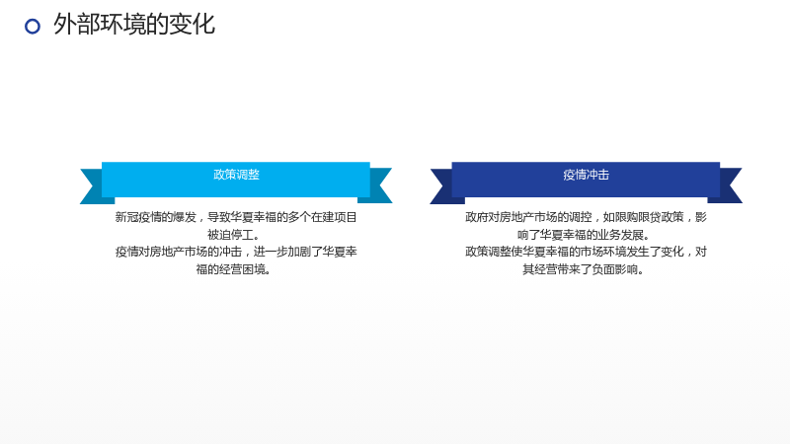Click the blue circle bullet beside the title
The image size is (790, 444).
(x=33, y=27)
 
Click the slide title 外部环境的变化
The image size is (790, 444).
(x=134, y=24)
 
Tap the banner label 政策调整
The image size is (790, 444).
(x=236, y=175)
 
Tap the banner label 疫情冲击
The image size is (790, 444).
(x=586, y=175)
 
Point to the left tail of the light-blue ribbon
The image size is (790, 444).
(x=94, y=186)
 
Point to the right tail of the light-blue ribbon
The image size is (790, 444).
(x=378, y=185)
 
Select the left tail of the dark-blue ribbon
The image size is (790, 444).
(x=443, y=186)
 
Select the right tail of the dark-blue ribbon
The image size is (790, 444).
(x=728, y=185)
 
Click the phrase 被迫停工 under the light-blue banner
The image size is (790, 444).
(x=230, y=235)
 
